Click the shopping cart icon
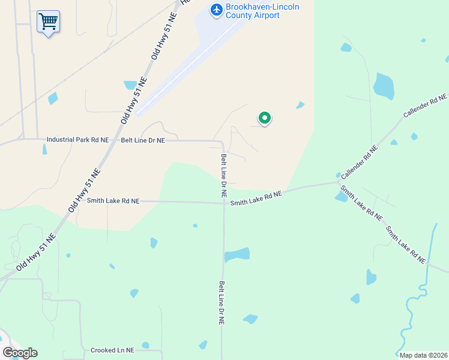(x=48, y=22)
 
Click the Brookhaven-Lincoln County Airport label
(x=262, y=11)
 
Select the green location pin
(x=264, y=118)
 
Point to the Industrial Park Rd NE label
(x=78, y=140)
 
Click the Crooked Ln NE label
(x=112, y=350)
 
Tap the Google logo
(x=20, y=352)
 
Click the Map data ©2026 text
(x=423, y=355)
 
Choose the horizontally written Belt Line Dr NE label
(x=143, y=140)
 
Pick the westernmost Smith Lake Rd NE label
(x=113, y=201)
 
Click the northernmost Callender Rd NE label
(x=425, y=106)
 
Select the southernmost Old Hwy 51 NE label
(x=35, y=252)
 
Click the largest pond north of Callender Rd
(x=384, y=86)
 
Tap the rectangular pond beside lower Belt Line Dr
(x=237, y=254)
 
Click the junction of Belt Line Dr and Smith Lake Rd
(x=223, y=202)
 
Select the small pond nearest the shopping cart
(x=53, y=98)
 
